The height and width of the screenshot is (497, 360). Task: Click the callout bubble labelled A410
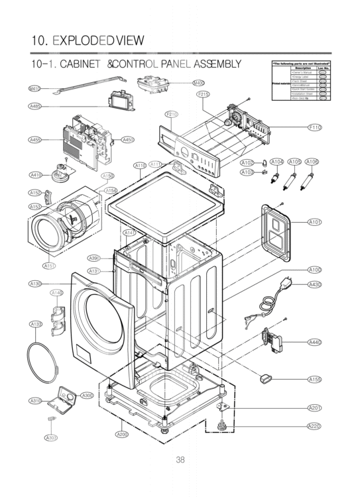point(36,174)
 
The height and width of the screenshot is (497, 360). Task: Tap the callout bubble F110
point(314,127)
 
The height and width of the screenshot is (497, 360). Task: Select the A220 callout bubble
point(314,425)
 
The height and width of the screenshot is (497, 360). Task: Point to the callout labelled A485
point(36,106)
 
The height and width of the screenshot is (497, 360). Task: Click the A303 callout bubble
point(51,438)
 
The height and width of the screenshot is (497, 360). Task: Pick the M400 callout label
point(198,83)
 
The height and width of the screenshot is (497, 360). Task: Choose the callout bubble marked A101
point(314,222)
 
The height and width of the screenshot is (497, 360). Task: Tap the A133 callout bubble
point(36,323)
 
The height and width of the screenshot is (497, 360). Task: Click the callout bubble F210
point(172,114)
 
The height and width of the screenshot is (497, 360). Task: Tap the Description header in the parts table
point(302,68)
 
